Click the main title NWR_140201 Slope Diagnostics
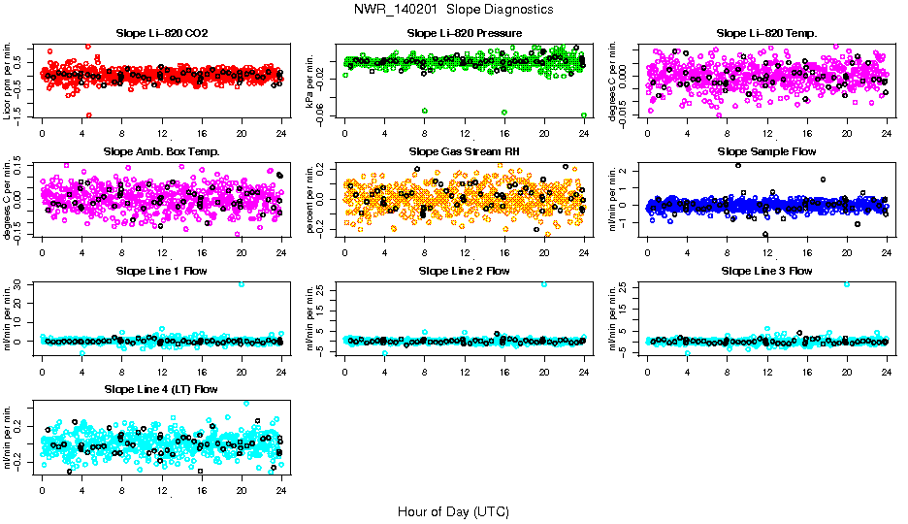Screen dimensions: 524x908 pyautogui.click(x=453, y=9)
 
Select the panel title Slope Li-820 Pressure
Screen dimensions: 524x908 pyautogui.click(x=465, y=33)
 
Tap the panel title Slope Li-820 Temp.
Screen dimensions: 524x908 pyautogui.click(x=766, y=33)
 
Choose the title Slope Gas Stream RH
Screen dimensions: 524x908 pyautogui.click(x=465, y=151)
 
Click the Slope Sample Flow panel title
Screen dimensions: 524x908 pyautogui.click(x=766, y=151)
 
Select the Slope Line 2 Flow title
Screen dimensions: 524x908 pyautogui.click(x=465, y=271)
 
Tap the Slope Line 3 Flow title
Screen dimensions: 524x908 pyautogui.click(x=766, y=271)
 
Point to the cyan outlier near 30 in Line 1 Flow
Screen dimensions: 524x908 pyautogui.click(x=242, y=284)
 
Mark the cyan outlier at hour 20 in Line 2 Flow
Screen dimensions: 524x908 pyautogui.click(x=544, y=284)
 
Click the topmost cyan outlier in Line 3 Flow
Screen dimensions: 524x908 pyautogui.click(x=847, y=284)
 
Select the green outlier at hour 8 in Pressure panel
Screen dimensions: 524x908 pyautogui.click(x=424, y=111)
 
